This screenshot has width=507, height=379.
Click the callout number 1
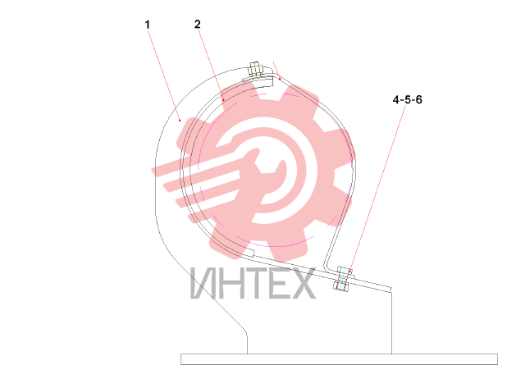[148, 25]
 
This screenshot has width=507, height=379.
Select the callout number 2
[197, 25]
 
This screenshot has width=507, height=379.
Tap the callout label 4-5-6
[408, 99]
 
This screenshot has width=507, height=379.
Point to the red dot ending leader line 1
[180, 121]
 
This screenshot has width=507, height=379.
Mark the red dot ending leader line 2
[223, 101]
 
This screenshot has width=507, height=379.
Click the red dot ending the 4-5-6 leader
[349, 272]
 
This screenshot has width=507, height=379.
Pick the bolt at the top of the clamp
[255, 70]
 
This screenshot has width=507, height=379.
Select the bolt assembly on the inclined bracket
[343, 278]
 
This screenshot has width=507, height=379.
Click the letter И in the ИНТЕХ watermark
[203, 284]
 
